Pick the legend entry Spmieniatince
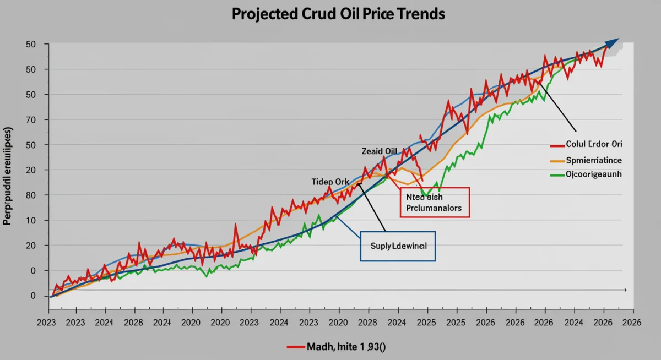pyautogui.click(x=594, y=160)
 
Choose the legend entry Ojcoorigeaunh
pyautogui.click(x=594, y=174)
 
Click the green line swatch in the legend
pyautogui.click(x=557, y=175)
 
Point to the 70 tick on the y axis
pyautogui.click(x=31, y=119)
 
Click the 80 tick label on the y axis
pyautogui.click(x=31, y=195)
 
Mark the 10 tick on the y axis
pyautogui.click(x=31, y=220)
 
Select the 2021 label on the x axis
pyautogui.click(x=104, y=324)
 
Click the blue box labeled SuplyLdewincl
pyautogui.click(x=398, y=246)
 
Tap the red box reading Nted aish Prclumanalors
pyautogui.click(x=434, y=203)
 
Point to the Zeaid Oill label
pyautogui.click(x=379, y=151)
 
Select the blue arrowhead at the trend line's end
pyautogui.click(x=613, y=43)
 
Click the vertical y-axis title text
pyautogui.click(x=8, y=177)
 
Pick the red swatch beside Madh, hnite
pyautogui.click(x=295, y=347)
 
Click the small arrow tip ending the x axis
pyautogui.click(x=625, y=289)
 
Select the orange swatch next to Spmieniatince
pyautogui.click(x=557, y=161)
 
